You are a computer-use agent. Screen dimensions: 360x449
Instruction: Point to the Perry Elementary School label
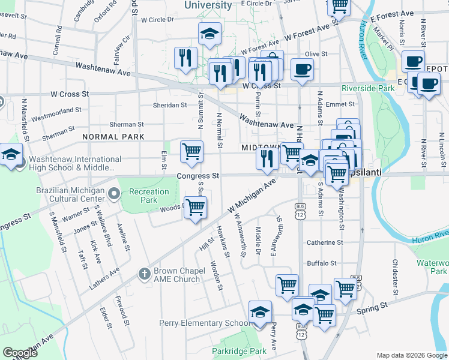pos(203,323)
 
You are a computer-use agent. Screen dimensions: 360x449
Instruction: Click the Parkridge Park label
pos(239,351)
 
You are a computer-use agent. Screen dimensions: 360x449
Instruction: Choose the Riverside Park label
pos(368,88)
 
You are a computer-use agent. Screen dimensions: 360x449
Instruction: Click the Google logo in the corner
pos(20,353)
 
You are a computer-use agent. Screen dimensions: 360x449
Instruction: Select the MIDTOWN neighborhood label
pos(261,147)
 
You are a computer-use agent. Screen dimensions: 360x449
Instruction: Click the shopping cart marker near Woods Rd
pos(196,208)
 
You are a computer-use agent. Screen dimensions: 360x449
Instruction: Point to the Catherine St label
pos(325,243)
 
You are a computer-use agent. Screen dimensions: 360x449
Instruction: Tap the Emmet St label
pos(340,104)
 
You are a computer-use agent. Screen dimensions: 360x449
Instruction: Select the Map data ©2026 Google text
pos(412,355)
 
